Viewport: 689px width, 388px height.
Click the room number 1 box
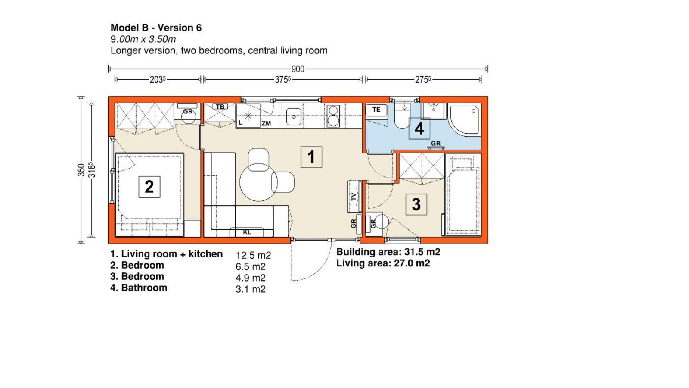click(311, 157)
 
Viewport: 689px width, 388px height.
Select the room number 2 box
click(149, 187)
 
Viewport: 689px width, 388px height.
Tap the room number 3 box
click(416, 204)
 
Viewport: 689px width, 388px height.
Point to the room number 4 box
click(419, 129)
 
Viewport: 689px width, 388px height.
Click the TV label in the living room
click(354, 197)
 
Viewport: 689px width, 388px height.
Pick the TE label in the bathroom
click(376, 110)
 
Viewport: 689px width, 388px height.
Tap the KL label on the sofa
click(247, 232)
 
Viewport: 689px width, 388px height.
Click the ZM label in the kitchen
click(267, 123)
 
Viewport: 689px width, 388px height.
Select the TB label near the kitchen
click(220, 107)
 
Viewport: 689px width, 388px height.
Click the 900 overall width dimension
click(298, 69)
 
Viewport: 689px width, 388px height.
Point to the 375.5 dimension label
click(282, 80)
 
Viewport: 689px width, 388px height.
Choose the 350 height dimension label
click(81, 170)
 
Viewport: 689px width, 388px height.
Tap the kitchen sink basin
click(294, 117)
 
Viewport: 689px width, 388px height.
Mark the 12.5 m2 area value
click(254, 256)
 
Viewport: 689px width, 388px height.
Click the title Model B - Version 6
click(156, 28)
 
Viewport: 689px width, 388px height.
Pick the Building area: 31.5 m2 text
click(388, 252)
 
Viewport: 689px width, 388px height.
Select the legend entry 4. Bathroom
click(139, 288)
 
